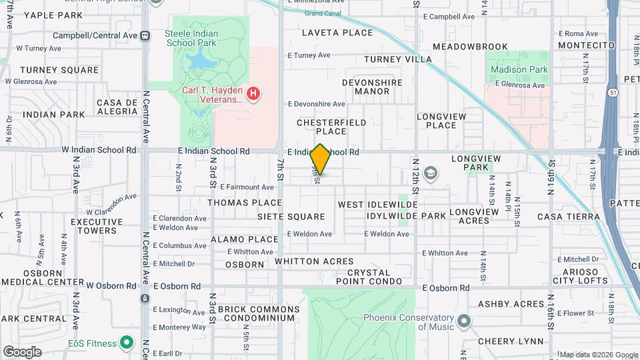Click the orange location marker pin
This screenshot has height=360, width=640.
(x=321, y=159)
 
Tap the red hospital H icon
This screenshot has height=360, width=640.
(x=253, y=94)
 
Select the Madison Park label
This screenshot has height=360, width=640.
(x=519, y=69)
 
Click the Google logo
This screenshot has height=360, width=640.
(x=22, y=351)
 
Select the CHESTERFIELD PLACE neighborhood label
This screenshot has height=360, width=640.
(x=331, y=127)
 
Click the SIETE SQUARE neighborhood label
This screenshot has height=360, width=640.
(x=291, y=217)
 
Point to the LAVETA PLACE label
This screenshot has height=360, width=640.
(x=337, y=32)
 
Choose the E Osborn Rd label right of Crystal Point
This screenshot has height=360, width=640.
(x=446, y=287)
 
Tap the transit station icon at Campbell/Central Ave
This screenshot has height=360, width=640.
(x=145, y=35)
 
